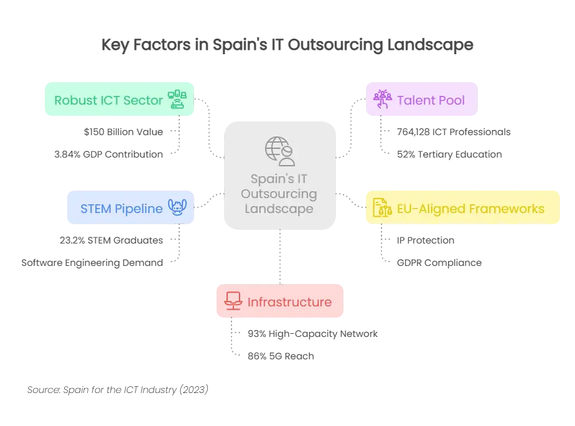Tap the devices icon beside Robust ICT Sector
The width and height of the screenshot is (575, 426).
point(177,99)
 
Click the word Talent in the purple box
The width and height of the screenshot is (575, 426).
point(416,100)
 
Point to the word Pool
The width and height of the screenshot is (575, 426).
point(451,100)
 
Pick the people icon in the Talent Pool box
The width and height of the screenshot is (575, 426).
point(381,99)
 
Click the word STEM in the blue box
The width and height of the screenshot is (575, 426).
point(95,209)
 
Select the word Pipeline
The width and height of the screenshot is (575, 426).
point(138,209)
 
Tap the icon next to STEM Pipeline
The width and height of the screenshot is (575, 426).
point(177,208)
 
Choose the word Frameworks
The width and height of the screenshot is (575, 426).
point(505,209)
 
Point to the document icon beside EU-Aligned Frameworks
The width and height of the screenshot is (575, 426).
point(381,208)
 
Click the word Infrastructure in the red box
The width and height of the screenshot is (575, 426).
point(289,302)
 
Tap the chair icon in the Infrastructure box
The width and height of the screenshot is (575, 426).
point(233,301)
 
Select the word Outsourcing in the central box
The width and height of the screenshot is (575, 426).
point(279,194)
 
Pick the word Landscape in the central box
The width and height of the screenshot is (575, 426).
point(279,209)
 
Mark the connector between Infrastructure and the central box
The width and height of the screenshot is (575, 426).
point(281,258)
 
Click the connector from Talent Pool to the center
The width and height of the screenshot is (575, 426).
point(352,128)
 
